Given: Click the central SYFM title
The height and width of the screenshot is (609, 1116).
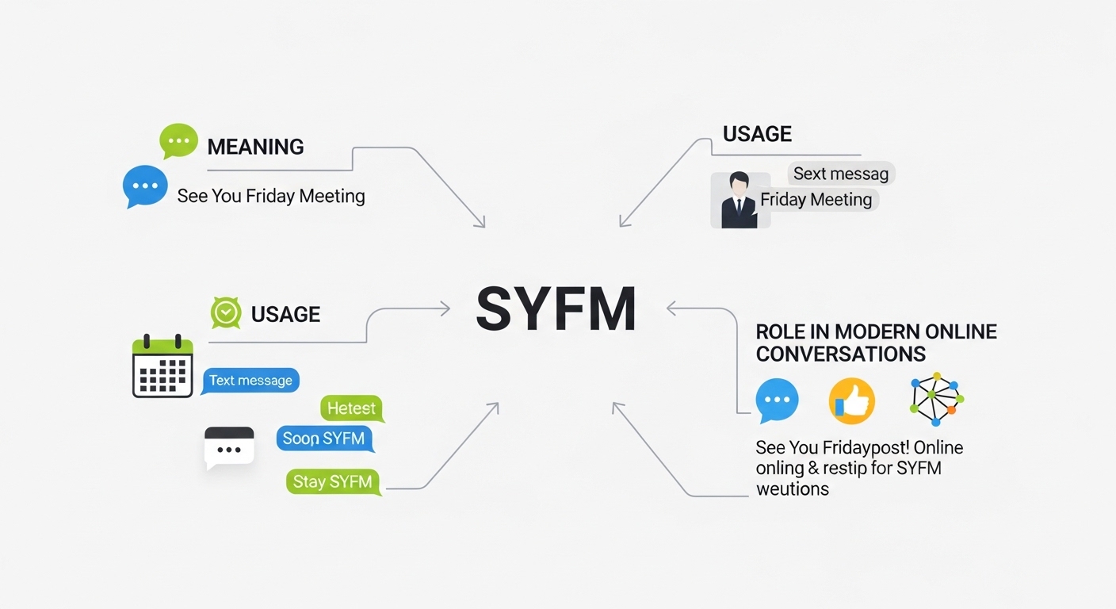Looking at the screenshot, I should coord(556,309).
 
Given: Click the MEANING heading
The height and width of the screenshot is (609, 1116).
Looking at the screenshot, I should coord(255,147).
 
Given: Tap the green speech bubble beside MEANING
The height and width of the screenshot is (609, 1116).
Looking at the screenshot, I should coord(178,141).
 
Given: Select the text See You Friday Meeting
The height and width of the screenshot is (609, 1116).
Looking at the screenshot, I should coord(271,196).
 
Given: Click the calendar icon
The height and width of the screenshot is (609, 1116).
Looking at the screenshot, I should coord(162,366).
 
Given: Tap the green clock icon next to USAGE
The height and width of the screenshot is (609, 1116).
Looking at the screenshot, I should coord(226,313).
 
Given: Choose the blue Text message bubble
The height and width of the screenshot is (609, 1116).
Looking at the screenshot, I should coord(250,381).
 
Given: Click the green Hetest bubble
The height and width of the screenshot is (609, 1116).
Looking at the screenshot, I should coord(351,408).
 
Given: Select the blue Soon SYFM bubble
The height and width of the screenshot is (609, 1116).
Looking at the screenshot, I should coord(324,439).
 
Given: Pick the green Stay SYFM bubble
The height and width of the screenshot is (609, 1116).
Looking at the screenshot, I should coord(332,482).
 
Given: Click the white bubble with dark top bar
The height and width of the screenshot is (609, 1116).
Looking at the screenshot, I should coord(229,447).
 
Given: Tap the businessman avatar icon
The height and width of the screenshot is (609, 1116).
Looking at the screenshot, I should coord(739,201).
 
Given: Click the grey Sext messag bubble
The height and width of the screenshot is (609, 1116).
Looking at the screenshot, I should coord(841,174).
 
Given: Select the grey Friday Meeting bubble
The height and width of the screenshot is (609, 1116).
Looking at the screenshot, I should coord(816,200).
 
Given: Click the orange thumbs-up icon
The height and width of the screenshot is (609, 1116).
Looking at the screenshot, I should coord(851,400).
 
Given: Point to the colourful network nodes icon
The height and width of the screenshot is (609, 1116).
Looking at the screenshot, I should coord(936,399).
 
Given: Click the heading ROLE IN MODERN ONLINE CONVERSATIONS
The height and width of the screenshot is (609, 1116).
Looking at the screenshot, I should coord(876,343).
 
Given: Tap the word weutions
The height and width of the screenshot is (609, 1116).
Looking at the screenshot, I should coord(793,488).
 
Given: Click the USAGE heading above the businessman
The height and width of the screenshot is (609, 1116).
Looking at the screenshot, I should coord(757,134).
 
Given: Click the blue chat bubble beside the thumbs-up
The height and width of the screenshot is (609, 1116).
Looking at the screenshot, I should coord(777,400).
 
